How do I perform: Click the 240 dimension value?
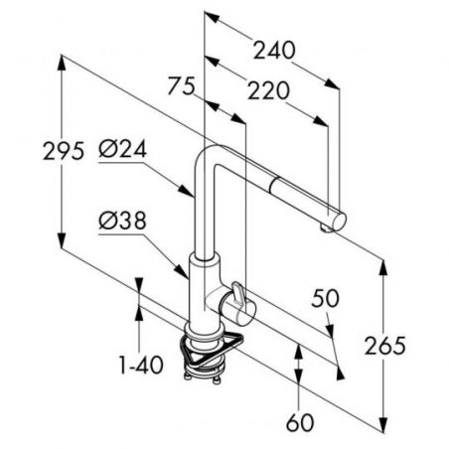tap(274, 51)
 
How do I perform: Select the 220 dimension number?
tap(268, 90)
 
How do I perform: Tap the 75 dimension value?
tap(181, 85)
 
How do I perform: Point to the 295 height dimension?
tap(64, 151)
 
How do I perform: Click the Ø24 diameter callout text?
tap(122, 150)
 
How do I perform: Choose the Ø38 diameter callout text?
tap(122, 221)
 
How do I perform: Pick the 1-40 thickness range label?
tap(141, 365)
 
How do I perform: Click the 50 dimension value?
tap(325, 298)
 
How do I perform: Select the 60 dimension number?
tap(300, 422)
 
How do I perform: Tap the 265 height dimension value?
tap(385, 346)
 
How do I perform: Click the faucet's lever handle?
tap(237, 292)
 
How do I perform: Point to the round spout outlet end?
tap(339, 221)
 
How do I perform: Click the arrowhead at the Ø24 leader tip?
tap(187, 191)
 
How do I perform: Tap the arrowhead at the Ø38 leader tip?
tap(183, 272)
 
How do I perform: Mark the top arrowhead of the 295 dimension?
tap(62, 63)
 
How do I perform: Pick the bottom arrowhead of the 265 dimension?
tap(383, 425)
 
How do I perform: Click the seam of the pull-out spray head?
tap(274, 186)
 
